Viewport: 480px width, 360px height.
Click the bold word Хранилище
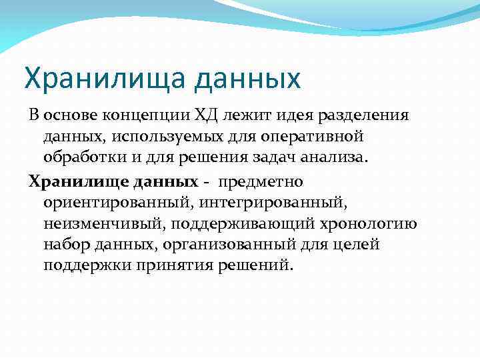(71, 181)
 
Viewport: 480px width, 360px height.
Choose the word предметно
(261, 181)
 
